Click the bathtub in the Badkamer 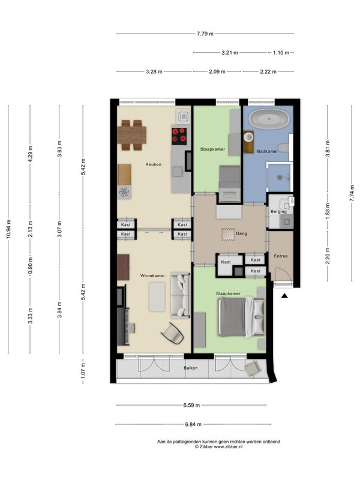[269, 119]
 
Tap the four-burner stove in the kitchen [179, 136]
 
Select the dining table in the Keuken [131, 135]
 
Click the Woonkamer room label [152, 276]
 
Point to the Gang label [241, 233]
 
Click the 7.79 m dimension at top [205, 34]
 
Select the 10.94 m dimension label [8, 229]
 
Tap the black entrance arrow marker [284, 296]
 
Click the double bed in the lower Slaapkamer [241, 317]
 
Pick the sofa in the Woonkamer [181, 295]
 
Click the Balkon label [191, 368]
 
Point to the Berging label [278, 212]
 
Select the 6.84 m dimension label [193, 424]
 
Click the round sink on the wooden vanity [248, 137]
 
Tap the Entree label [281, 256]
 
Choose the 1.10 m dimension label [281, 53]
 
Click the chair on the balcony [253, 368]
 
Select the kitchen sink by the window [184, 116]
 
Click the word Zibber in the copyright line [206, 446]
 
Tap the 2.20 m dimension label [328, 256]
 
